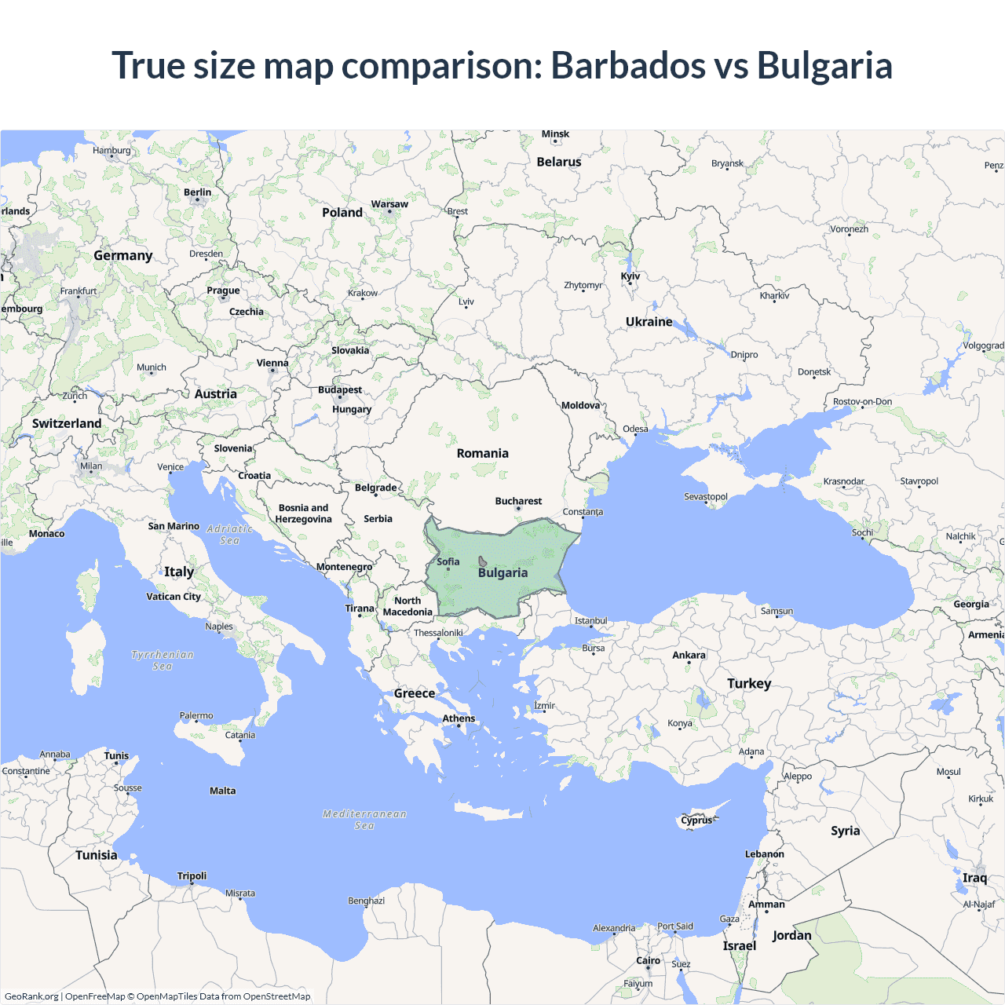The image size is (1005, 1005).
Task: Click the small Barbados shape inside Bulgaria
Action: click(x=482, y=562)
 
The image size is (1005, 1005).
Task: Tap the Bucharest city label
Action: click(x=518, y=501)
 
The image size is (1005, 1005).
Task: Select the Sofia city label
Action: click(x=448, y=561)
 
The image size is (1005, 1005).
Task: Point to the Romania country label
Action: click(x=482, y=453)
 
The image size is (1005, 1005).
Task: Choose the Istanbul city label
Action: click(x=590, y=620)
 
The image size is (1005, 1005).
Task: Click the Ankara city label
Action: click(x=689, y=655)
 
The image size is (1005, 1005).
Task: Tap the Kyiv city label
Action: click(x=630, y=276)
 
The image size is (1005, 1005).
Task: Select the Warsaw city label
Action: click(x=389, y=204)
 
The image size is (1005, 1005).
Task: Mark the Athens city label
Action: click(x=459, y=718)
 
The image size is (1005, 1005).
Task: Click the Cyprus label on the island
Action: click(x=696, y=820)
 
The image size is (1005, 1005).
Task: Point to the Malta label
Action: click(x=222, y=791)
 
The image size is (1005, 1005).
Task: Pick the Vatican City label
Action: click(x=174, y=597)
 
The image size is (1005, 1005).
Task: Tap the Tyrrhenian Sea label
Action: click(x=163, y=660)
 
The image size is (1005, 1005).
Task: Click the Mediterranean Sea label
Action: click(x=364, y=820)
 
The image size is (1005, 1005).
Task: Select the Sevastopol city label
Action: click(x=706, y=496)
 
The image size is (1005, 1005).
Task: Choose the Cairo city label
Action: click(x=648, y=960)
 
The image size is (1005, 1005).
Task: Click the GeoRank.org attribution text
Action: click(x=31, y=996)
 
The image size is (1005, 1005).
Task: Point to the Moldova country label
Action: click(x=580, y=405)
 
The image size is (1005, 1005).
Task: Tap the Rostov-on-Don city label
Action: click(x=862, y=401)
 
